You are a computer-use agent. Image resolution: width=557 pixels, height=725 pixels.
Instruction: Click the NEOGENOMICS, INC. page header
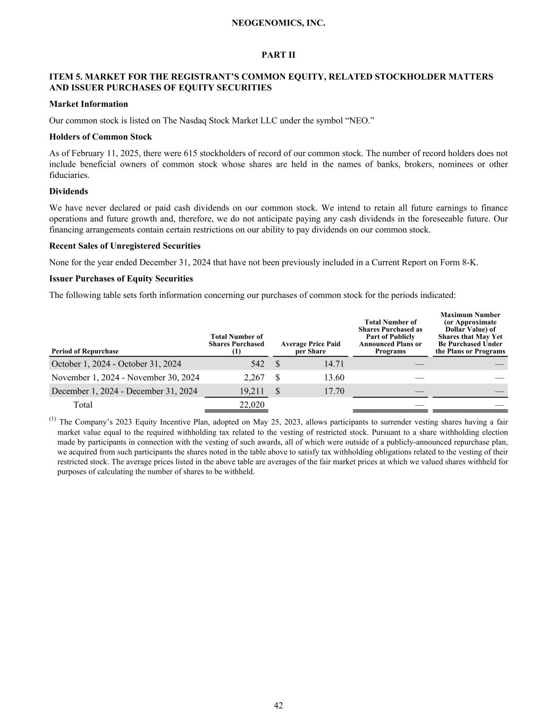point(278,23)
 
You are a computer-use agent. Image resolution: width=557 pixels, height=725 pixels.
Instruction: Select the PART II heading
point(278,55)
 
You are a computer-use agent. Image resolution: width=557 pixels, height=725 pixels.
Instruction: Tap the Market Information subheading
point(88,104)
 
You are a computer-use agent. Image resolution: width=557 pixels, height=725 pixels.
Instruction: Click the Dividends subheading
point(69,191)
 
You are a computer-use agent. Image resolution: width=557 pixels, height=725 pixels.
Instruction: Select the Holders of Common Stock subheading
point(100,137)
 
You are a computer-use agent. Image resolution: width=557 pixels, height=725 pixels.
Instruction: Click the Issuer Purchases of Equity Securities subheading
point(121,279)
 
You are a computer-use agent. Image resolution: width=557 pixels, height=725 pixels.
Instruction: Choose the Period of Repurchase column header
point(85,351)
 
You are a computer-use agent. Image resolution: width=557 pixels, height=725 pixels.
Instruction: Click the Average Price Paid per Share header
point(310,347)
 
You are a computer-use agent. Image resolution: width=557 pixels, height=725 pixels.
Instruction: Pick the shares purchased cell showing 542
point(257,364)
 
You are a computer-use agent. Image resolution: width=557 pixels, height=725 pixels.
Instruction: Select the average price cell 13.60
point(333,378)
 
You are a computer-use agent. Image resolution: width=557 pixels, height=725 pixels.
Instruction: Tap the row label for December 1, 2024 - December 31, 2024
point(124,391)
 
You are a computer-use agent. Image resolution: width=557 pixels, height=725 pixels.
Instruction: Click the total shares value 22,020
point(252,405)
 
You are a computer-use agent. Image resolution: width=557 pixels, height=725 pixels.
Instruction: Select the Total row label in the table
point(82,405)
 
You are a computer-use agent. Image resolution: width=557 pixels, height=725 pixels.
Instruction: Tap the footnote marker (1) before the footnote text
point(53,420)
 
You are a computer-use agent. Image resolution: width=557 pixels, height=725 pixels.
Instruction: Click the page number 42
point(278,705)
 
